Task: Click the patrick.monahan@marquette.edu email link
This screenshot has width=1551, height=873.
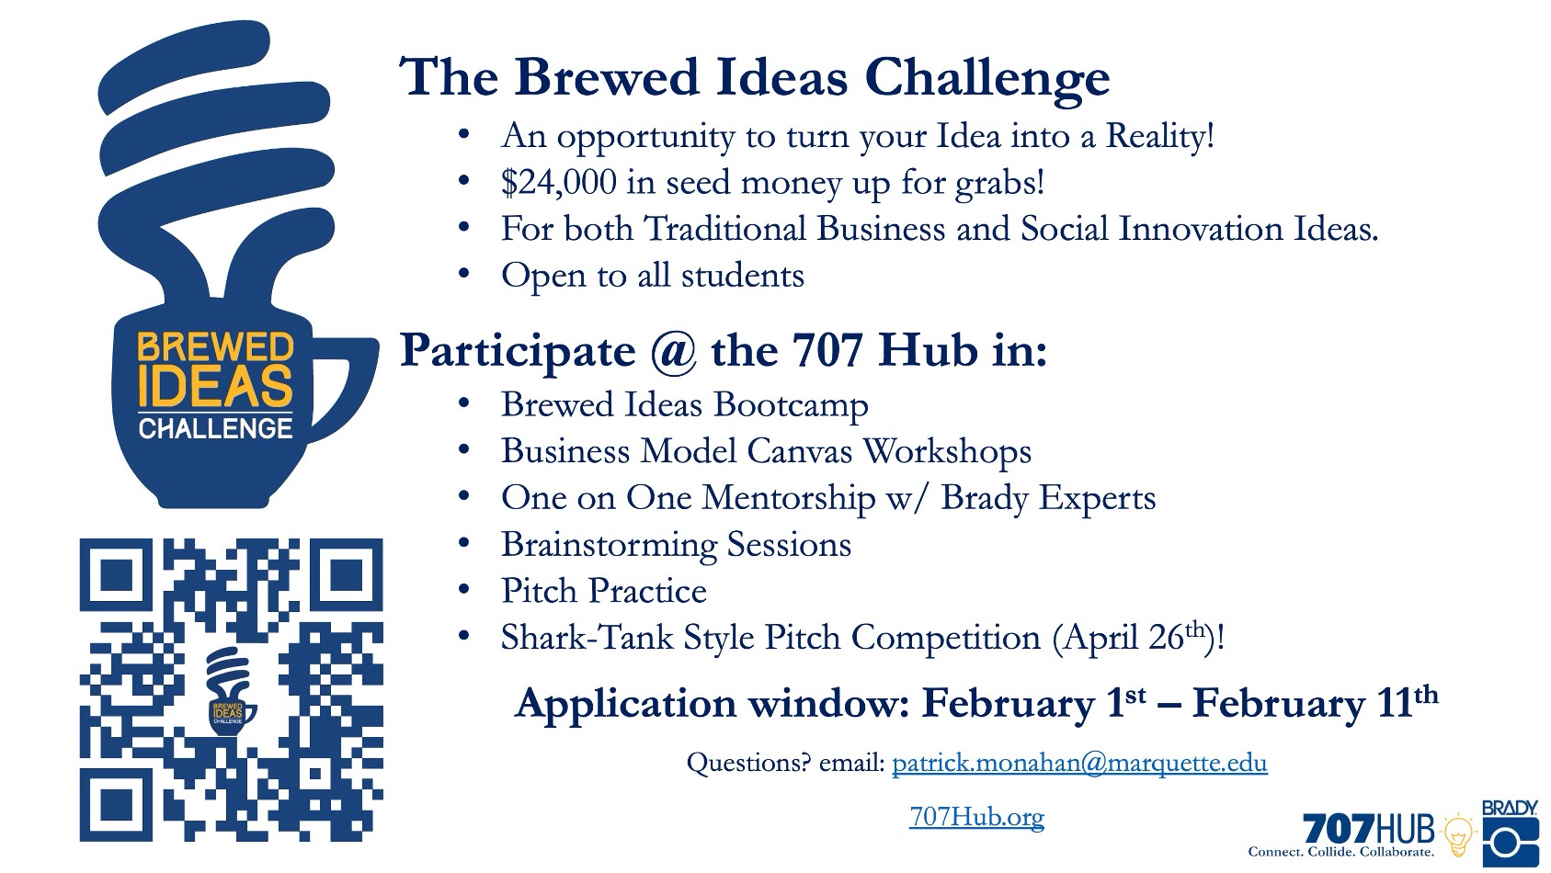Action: click(1079, 762)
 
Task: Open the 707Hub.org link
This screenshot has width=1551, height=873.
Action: click(976, 817)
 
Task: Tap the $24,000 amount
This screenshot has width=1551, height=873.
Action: click(559, 183)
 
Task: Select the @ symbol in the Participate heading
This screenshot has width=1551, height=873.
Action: click(672, 351)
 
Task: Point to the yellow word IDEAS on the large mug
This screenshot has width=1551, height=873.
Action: click(216, 385)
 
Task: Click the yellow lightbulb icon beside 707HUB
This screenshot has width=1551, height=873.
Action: click(1459, 835)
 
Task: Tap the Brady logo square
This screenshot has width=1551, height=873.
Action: click(1511, 842)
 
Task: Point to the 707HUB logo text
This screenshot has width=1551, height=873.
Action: click(1368, 828)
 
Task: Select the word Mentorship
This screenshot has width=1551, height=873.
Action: click(789, 498)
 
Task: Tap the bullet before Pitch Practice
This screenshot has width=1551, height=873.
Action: click(464, 591)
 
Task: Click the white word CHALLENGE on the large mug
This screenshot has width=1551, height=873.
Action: click(215, 428)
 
